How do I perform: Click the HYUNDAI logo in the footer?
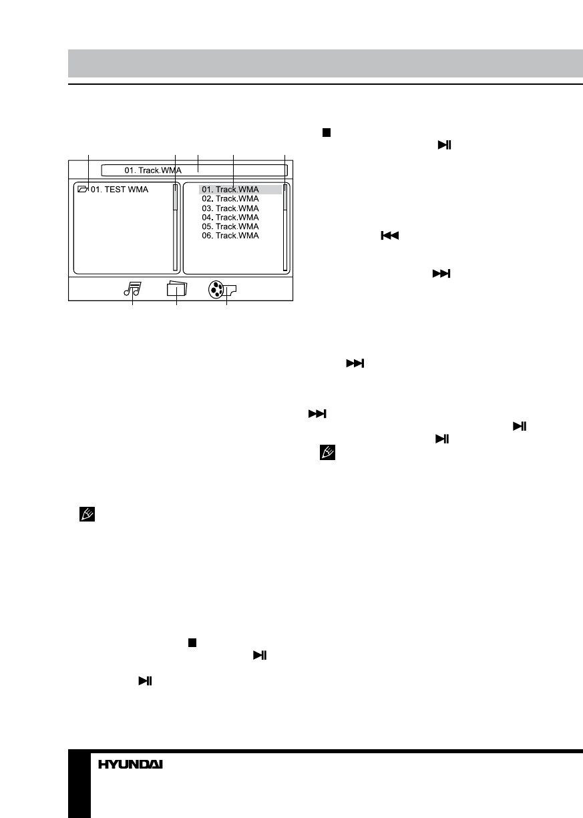coord(131,765)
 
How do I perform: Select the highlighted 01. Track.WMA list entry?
coord(230,190)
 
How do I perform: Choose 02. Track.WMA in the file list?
coord(230,199)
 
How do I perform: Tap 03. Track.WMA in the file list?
coord(230,208)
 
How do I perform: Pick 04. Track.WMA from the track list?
coord(230,217)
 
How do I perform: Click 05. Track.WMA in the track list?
coord(230,226)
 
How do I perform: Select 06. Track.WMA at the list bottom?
coord(230,236)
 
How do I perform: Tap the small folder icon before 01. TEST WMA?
coord(83,190)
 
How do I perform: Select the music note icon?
coord(132,288)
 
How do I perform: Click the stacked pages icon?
coord(177,288)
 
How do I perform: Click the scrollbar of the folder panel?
coord(176,227)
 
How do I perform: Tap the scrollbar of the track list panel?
coord(285,227)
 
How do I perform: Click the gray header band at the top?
coord(325,63)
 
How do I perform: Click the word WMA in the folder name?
coord(139,190)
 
